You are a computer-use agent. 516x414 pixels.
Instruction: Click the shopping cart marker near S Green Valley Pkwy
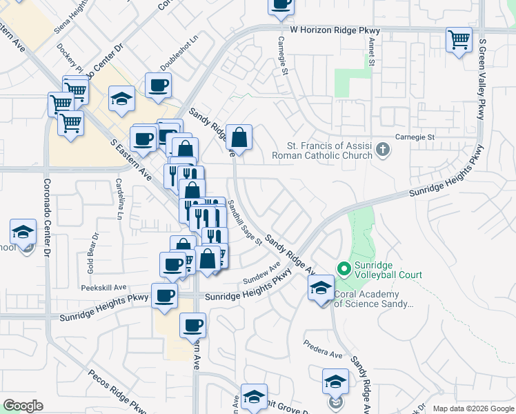coord(459,39)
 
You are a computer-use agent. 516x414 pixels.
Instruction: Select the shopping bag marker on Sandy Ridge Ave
coord(239,137)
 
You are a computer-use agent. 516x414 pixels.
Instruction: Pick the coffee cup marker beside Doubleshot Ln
coord(159,86)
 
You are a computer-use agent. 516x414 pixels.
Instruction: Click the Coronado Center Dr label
coord(48,218)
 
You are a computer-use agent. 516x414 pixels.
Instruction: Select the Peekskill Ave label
coord(103,287)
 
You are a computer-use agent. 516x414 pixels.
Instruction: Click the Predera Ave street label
coord(323,355)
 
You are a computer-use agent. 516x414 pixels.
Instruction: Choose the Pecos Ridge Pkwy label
coord(117,391)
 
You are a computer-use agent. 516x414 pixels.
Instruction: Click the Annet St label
coord(371,52)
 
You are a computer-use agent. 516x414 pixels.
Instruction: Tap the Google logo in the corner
coord(23,406)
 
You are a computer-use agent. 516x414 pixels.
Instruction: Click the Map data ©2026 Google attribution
coord(472,408)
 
